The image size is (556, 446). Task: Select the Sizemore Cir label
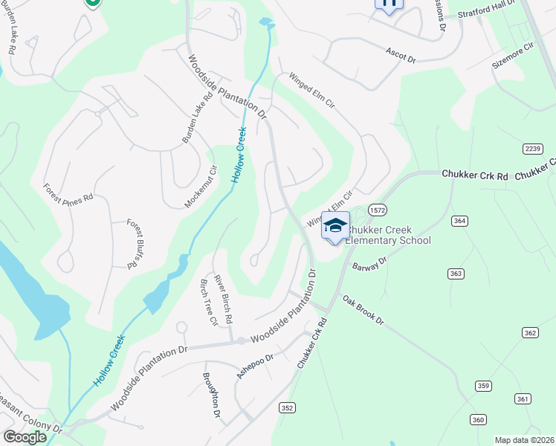click(513, 56)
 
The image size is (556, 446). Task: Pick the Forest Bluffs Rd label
click(134, 243)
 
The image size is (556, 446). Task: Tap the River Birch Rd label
click(224, 297)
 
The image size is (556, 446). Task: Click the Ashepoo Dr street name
click(255, 366)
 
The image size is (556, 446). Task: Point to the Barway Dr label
click(370, 264)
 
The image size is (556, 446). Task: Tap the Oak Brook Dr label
click(363, 310)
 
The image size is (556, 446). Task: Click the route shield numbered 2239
click(531, 149)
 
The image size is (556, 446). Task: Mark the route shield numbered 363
click(456, 274)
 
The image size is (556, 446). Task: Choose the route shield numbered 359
click(484, 386)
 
